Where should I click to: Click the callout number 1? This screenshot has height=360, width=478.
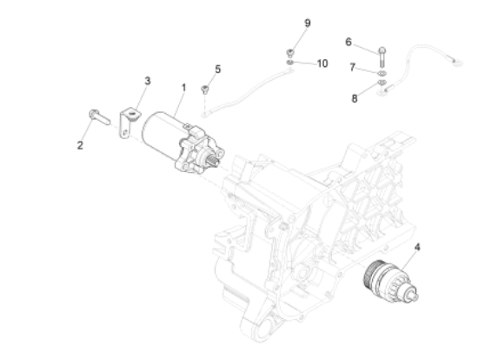[x=183, y=89]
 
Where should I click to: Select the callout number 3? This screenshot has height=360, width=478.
[x=147, y=81]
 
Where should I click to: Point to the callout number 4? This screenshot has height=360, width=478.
[x=417, y=247]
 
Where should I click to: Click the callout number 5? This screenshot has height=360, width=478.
[x=217, y=68]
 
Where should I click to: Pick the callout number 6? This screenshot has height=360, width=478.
[x=349, y=41]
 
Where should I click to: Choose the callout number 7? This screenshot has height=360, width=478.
[x=354, y=67]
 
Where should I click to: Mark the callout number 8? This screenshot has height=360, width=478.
[x=355, y=98]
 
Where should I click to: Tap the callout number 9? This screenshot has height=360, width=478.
[x=307, y=22]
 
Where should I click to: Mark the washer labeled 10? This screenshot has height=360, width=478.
[x=289, y=62]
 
